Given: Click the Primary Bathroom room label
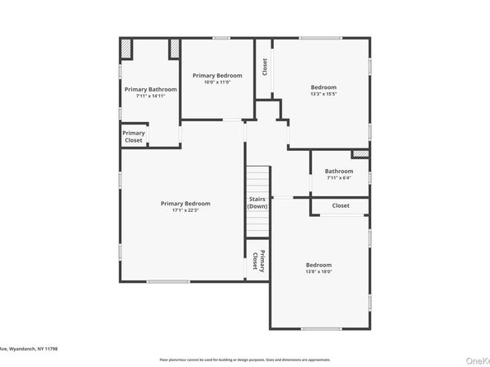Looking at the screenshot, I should [x=151, y=88].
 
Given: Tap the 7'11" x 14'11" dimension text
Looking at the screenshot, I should [x=151, y=96].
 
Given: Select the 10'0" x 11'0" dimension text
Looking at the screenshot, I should [x=218, y=82].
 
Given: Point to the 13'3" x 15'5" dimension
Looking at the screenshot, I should [x=323, y=94].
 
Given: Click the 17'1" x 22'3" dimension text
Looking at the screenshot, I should [x=185, y=210].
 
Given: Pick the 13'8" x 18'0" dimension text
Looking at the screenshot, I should [x=318, y=271].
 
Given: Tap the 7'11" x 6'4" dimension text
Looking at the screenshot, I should [x=338, y=178].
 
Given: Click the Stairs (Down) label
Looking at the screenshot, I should [x=257, y=202].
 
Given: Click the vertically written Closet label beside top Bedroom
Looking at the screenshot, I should [x=265, y=65].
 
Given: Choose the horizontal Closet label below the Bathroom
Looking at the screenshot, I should [x=341, y=205].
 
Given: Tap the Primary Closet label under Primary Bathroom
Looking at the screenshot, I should [x=134, y=136].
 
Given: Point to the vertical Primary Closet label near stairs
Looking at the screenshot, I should [x=257, y=261].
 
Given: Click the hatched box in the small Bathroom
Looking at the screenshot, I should [x=360, y=153].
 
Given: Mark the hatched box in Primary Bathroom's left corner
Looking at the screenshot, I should [x=126, y=50].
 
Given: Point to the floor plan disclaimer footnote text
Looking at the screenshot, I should [x=244, y=360].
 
